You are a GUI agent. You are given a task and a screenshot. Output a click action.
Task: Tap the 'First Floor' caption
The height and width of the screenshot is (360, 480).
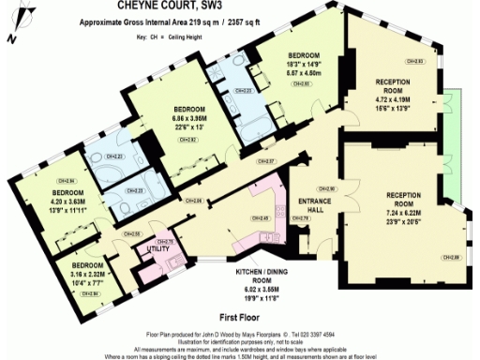point(240,317)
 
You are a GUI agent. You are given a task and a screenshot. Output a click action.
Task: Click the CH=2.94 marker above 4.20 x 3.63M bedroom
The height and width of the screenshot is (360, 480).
point(40,180)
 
